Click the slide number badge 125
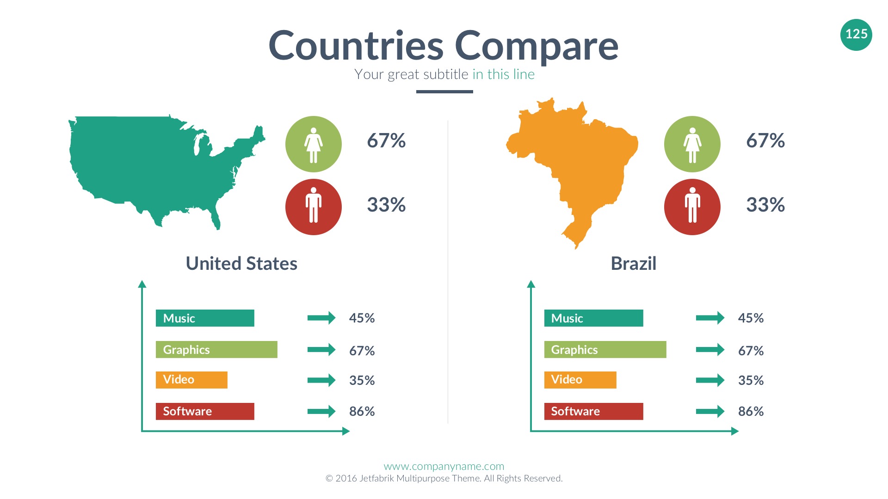(856, 35)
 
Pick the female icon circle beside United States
(314, 144)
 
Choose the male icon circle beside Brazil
(692, 207)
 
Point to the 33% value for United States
(386, 205)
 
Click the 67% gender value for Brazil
(765, 140)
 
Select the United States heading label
(241, 263)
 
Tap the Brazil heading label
(633, 263)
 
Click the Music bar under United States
(205, 318)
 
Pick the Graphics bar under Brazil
(605, 350)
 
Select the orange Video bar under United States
(191, 380)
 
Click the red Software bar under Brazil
(593, 411)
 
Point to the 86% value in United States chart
(362, 411)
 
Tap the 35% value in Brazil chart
(751, 380)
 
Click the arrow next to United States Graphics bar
(321, 350)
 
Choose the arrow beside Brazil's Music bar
(710, 318)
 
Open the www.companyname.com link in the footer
(444, 466)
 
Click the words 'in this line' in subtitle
(503, 74)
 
